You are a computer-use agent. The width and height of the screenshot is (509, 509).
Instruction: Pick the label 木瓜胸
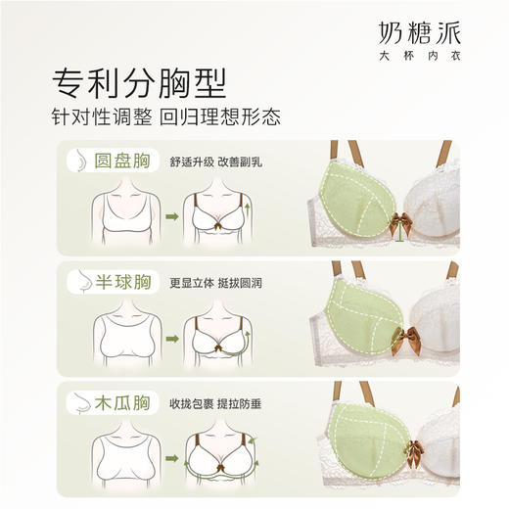[x=118, y=402]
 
